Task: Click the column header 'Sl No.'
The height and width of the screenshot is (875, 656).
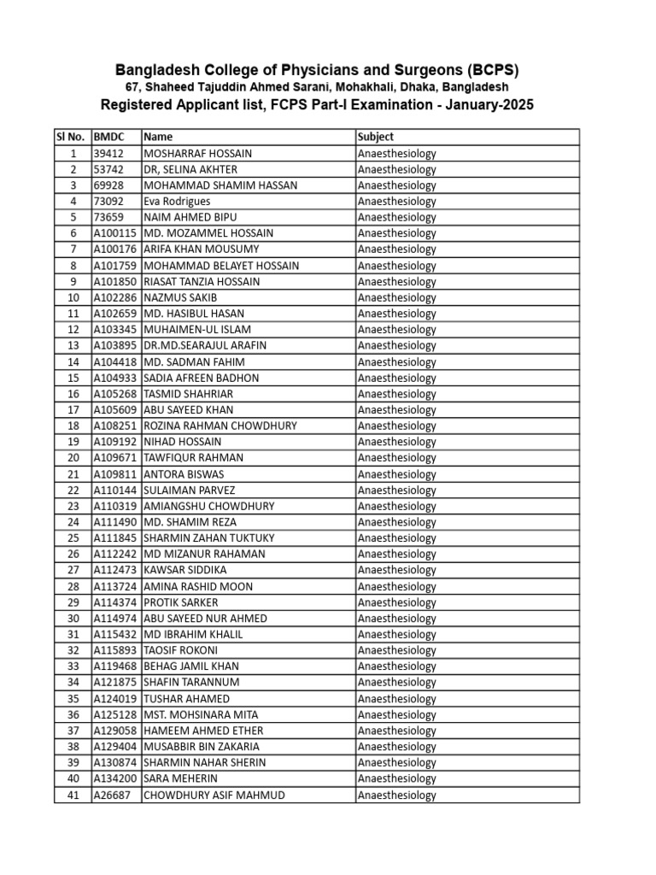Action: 70,137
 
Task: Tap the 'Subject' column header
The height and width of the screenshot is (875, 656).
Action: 376,137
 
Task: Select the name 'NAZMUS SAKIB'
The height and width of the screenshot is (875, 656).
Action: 180,297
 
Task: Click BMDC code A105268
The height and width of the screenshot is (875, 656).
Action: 116,394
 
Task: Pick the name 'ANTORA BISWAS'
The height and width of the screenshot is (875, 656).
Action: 184,474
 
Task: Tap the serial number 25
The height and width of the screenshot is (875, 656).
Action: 73,538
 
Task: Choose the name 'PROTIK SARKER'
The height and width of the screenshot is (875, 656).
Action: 181,602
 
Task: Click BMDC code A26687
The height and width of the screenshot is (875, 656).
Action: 114,795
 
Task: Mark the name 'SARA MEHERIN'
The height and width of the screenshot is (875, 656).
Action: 180,778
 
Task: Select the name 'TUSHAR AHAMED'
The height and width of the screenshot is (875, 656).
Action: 186,698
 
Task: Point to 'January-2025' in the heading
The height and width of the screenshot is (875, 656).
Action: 492,105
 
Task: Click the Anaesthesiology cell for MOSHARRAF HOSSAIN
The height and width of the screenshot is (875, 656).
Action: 396,153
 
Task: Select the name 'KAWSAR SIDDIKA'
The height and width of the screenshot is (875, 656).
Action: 184,570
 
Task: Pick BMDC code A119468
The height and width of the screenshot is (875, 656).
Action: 116,667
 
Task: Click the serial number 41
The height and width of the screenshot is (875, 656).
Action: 73,795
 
